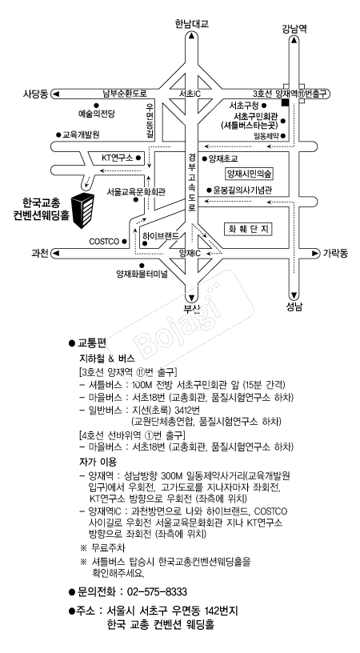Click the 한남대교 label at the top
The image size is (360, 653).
pyautogui.click(x=191, y=24)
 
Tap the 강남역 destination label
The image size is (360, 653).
pyautogui.click(x=294, y=29)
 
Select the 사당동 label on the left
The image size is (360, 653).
pyautogui.click(x=36, y=94)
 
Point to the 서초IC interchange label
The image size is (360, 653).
pyautogui.click(x=190, y=94)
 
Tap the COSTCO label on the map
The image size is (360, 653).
pyautogui.click(x=104, y=242)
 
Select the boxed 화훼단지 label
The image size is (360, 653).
pyautogui.click(x=249, y=229)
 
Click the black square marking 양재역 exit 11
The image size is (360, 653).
pyautogui.click(x=286, y=102)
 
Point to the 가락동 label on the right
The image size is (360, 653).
pyautogui.click(x=335, y=253)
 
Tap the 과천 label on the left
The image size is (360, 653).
pyautogui.click(x=40, y=253)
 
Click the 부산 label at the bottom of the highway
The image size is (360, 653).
pyautogui.click(x=192, y=309)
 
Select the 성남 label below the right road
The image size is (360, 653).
pyautogui.click(x=294, y=306)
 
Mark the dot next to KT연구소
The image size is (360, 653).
pyautogui.click(x=138, y=158)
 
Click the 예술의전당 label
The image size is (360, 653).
pyautogui.click(x=97, y=114)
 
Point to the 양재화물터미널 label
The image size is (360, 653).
pyautogui.click(x=142, y=274)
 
